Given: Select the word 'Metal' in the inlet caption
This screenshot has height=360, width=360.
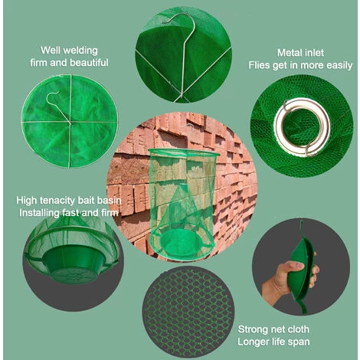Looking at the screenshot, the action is [x=288, y=53].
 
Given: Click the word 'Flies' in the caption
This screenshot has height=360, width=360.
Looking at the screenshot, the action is [x=259, y=65].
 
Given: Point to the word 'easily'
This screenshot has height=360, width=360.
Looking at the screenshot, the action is [x=339, y=66].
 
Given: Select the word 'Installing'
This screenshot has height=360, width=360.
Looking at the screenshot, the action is [x=39, y=213].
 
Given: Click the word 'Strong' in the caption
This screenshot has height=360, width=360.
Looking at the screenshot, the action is [x=252, y=329].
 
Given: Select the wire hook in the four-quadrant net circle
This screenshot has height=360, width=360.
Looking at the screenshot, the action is [x=57, y=106].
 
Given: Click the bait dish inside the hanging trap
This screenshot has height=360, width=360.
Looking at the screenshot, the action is [x=182, y=243].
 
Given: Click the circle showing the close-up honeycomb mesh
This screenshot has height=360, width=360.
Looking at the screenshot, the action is [x=188, y=312].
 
